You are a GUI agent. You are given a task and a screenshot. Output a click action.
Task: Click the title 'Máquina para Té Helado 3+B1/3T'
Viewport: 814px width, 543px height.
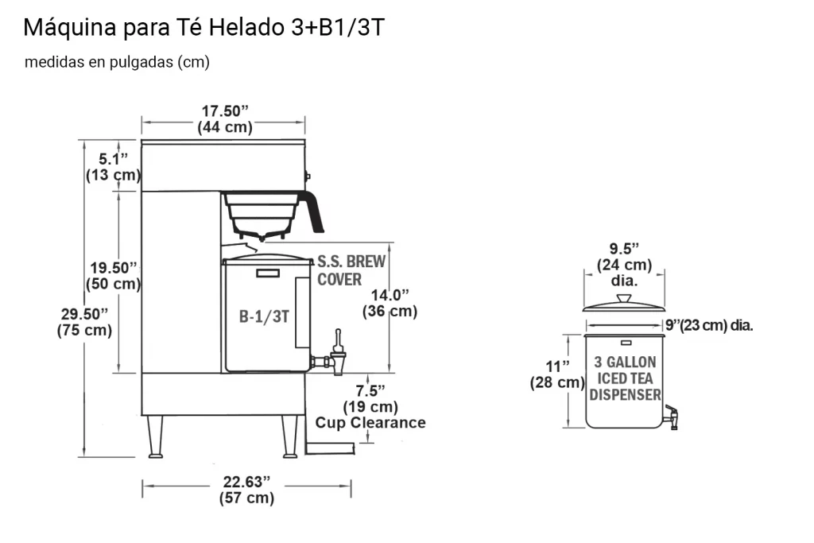(x=204, y=28)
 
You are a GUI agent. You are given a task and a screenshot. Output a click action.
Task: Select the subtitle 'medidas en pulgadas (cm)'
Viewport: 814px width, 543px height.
(x=117, y=63)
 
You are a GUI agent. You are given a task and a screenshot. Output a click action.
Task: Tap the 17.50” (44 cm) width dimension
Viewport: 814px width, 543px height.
(x=224, y=119)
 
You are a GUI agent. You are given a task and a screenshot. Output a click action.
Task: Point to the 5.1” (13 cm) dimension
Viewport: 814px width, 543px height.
(x=113, y=167)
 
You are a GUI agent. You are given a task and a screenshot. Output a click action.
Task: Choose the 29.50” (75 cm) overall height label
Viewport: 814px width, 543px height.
(x=84, y=322)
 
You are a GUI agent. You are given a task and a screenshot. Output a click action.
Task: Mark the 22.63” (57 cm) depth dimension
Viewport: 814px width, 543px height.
(x=246, y=490)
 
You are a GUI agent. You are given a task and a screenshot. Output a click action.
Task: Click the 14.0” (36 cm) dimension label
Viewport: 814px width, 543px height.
(x=390, y=303)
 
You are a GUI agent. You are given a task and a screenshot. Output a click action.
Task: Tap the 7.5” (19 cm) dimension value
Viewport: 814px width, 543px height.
(x=370, y=398)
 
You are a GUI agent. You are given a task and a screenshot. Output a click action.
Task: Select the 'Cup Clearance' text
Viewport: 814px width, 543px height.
(x=370, y=423)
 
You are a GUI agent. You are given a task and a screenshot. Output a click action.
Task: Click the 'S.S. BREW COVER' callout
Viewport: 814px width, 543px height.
(x=351, y=270)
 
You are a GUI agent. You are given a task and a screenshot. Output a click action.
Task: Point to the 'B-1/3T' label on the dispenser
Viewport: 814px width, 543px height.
(x=264, y=316)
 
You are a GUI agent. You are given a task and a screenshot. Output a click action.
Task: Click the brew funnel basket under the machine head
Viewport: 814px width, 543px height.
(x=263, y=211)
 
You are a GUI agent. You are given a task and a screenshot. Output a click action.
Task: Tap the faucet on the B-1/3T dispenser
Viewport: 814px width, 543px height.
(x=338, y=355)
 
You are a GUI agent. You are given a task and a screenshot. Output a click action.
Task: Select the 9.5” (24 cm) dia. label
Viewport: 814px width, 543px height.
(x=625, y=264)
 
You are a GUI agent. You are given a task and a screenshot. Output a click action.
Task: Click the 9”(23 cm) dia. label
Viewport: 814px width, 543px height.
(x=709, y=325)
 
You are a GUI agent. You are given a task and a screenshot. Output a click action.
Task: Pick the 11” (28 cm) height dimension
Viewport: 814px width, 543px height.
(x=557, y=374)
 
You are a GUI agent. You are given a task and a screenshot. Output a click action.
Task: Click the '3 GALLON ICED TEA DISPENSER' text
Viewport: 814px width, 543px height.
(x=625, y=378)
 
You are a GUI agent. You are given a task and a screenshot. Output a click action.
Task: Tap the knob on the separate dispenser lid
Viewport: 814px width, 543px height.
(x=624, y=297)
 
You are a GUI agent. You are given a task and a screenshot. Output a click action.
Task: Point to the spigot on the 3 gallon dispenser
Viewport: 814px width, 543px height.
(x=673, y=415)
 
